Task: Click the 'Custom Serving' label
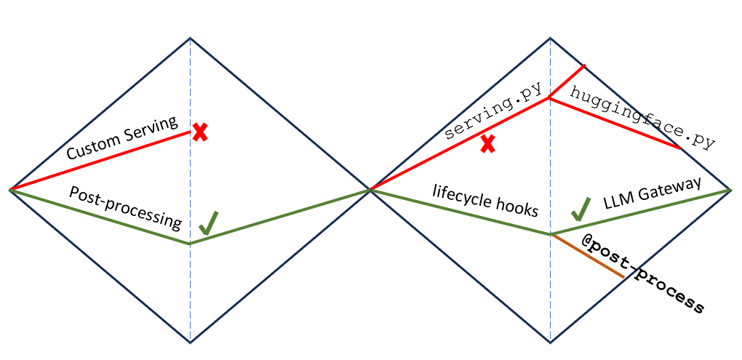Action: coord(122,137)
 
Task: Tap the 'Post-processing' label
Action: coord(125,207)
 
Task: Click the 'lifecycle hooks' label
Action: coord(485,201)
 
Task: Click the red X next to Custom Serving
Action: coord(200,132)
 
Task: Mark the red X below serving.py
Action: coord(487,144)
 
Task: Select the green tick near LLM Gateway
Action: coord(580,209)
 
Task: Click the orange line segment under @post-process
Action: coord(588,256)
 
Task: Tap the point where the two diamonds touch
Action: coord(370,190)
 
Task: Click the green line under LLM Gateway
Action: coord(640,212)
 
